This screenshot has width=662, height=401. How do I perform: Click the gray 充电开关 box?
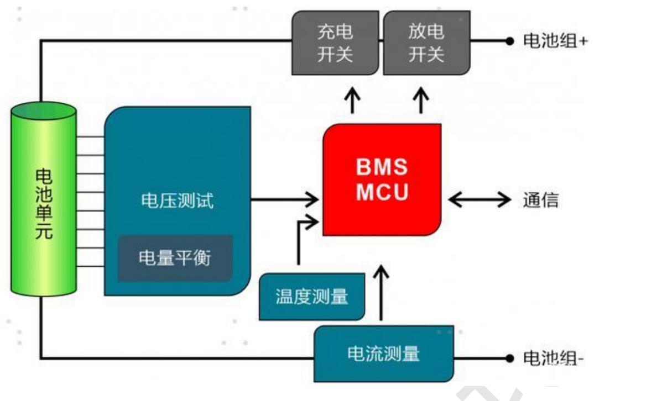click(x=335, y=43)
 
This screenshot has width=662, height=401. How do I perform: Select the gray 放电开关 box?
click(x=426, y=43)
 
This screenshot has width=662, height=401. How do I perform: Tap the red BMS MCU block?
click(x=382, y=180)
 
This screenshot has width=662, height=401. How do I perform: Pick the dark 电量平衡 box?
click(x=175, y=258)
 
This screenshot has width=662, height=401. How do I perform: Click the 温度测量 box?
click(x=312, y=297)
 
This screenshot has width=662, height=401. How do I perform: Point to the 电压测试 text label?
click(x=177, y=200)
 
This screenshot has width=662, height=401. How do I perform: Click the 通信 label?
click(x=540, y=200)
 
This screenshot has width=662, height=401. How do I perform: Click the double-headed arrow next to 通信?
click(x=479, y=199)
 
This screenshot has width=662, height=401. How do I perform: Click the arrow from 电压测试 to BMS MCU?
click(x=285, y=199)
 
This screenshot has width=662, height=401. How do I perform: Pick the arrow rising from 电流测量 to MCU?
click(x=382, y=293)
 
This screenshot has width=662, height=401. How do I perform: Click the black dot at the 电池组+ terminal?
click(x=509, y=41)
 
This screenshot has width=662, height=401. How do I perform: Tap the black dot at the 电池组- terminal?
click(x=509, y=358)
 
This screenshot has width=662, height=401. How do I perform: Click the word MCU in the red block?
click(x=382, y=192)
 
